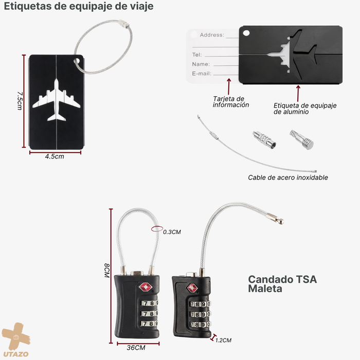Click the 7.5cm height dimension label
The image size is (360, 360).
coord(20,101)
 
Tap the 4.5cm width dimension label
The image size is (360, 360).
coord(55,156)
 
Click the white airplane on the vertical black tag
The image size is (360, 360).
coord(56,100)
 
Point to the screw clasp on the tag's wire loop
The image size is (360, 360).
coord(124,24)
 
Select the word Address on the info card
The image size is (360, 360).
coord(212,35)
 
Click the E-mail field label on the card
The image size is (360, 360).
coord(202,74)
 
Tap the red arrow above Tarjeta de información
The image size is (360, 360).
coord(229,86)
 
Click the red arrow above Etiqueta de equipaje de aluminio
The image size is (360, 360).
coord(298,94)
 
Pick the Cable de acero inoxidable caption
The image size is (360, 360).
coord(288,177)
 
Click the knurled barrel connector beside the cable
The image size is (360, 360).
coord(264,140)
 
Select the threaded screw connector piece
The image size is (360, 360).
coord(302,139)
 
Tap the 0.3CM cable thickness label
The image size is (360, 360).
coord(172,232)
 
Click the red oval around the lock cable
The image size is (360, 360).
coord(157,229)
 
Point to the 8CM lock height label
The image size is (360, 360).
coord(107,270)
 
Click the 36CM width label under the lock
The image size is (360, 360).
coord(136,348)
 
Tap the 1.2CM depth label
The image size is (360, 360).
coord(223,340)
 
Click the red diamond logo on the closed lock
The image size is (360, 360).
coord(146,287)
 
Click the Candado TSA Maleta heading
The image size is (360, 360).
coord(282,284)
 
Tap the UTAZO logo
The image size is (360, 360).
coord(16,340)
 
